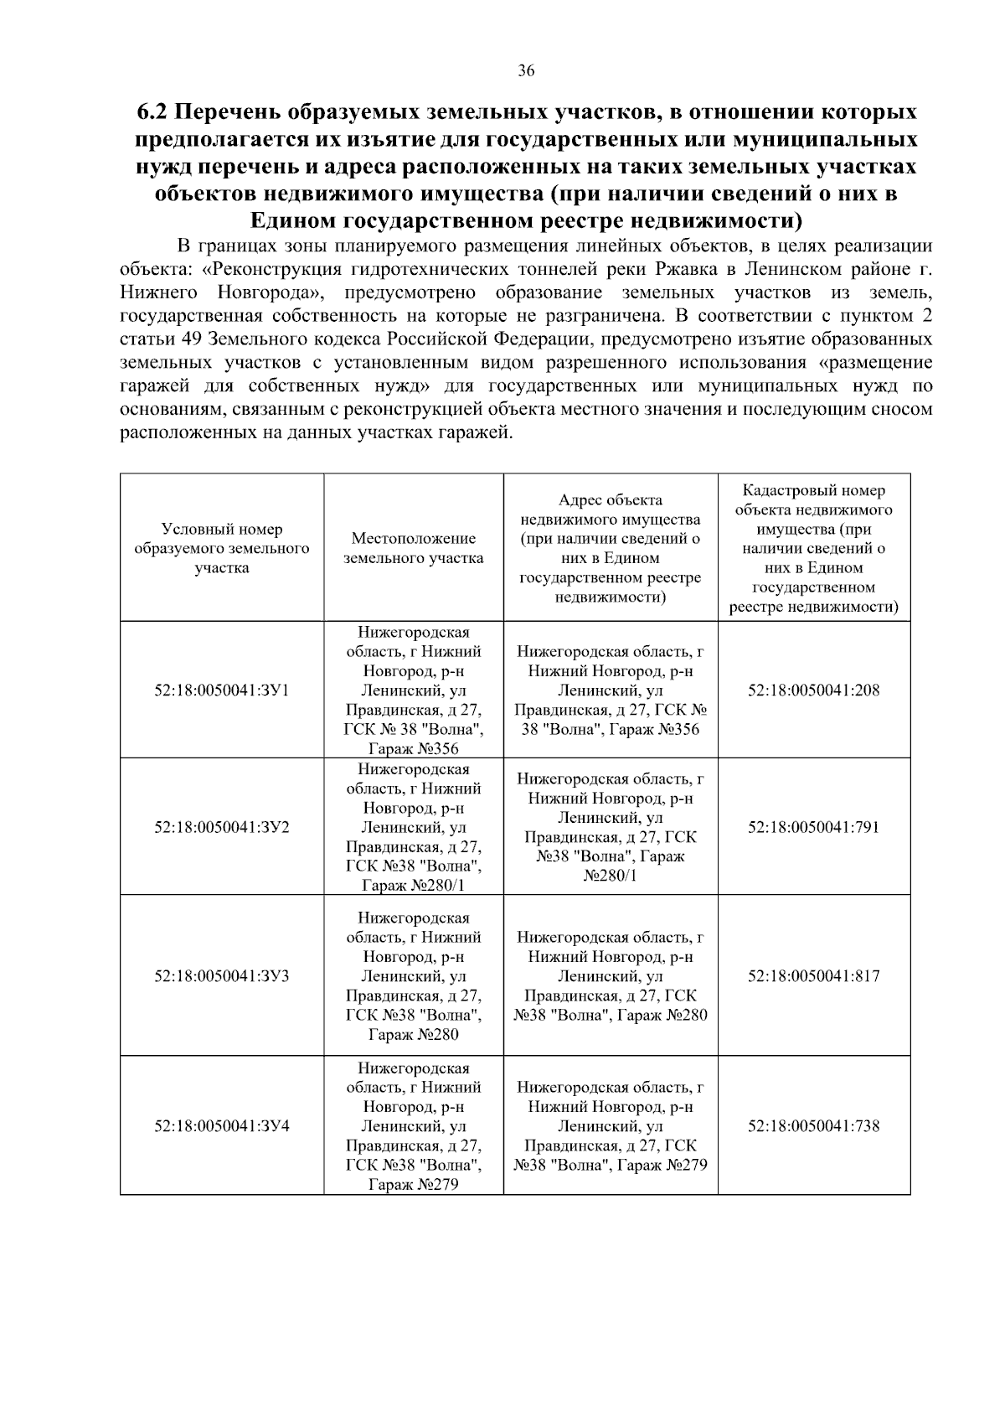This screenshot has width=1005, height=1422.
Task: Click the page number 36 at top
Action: (526, 70)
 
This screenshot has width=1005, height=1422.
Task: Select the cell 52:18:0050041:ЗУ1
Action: (222, 690)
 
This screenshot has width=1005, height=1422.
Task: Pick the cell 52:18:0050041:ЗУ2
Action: (222, 827)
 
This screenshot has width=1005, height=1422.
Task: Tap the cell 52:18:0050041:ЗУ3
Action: (222, 976)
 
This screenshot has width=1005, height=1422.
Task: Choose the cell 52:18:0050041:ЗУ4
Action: (222, 1126)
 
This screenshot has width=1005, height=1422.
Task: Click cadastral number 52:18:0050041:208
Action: (813, 690)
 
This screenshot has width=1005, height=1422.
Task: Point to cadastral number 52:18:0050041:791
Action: (813, 827)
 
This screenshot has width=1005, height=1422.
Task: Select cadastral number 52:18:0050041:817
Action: (813, 976)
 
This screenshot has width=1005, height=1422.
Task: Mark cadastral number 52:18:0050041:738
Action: (813, 1126)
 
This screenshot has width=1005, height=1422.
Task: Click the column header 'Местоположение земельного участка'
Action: (413, 548)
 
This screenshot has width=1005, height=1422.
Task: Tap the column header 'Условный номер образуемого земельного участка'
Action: (222, 548)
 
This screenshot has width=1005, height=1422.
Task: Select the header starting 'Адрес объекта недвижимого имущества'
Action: (610, 548)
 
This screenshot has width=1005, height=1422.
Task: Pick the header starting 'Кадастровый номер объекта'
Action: (813, 548)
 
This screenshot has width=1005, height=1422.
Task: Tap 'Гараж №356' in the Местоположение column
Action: (413, 748)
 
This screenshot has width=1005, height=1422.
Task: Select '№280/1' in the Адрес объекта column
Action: (610, 876)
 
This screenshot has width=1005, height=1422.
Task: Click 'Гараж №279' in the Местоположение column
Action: (413, 1184)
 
